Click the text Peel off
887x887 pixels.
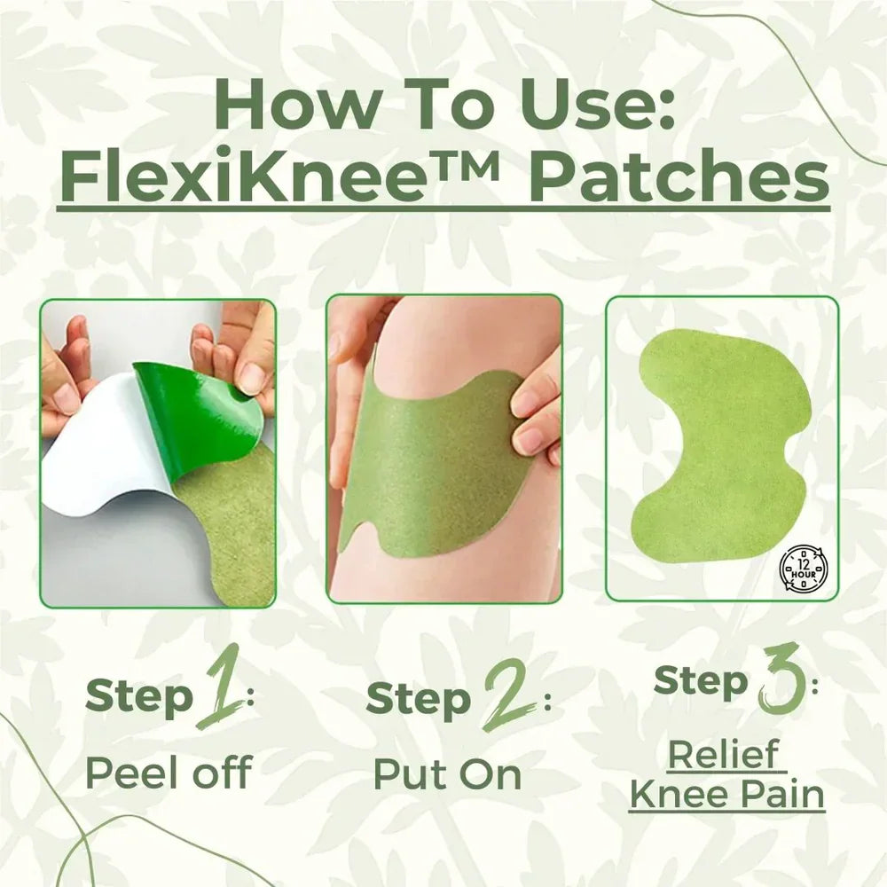[x=168, y=773]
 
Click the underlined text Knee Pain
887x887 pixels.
[x=726, y=795]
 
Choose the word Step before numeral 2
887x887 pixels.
[x=419, y=699]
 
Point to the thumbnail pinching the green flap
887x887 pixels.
[x=252, y=378]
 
